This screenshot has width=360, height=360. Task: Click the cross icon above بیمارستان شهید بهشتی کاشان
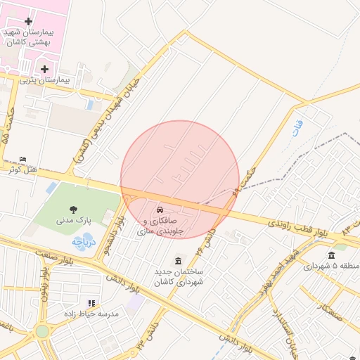click(28, 22)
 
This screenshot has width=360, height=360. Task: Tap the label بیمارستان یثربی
click(44, 81)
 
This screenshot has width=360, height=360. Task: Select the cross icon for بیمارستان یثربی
click(45, 69)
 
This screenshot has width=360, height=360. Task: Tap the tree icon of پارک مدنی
click(72, 209)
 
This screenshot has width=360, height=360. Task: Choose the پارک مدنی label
click(72, 221)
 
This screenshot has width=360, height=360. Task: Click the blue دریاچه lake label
click(82, 241)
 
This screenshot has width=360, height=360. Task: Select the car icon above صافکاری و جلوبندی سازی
click(160, 210)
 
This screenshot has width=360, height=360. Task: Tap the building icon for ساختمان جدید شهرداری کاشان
click(177, 260)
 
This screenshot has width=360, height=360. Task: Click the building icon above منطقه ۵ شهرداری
click(331, 255)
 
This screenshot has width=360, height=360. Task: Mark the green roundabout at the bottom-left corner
click(42, 330)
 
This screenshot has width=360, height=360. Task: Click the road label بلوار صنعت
click(25, 252)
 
